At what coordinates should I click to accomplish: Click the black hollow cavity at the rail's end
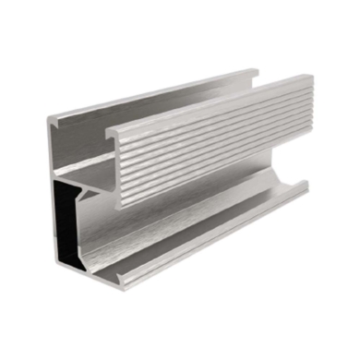[67, 222]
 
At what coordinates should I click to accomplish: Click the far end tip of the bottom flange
[306, 187]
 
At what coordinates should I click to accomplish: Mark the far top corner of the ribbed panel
[306, 78]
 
